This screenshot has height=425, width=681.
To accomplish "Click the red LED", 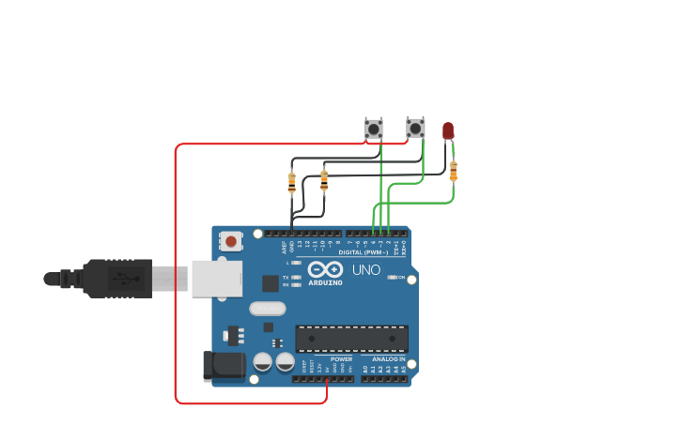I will (448, 129).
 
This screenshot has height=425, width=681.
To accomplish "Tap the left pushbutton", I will (374, 128).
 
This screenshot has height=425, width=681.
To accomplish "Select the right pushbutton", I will (415, 128).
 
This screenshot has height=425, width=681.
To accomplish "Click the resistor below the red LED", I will (453, 171).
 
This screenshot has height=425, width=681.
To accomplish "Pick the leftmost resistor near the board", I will (291, 182).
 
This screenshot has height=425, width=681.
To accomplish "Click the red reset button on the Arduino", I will (230, 241).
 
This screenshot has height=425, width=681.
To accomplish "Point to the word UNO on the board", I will (366, 270).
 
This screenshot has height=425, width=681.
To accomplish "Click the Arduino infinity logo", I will (325, 269).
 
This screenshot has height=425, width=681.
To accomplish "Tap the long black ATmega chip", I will (352, 339).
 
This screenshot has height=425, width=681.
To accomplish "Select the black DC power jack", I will (224, 365).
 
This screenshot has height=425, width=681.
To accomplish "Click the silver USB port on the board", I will (217, 279).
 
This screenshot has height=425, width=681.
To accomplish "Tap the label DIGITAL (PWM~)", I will (364, 252).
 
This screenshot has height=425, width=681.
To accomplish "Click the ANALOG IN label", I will (388, 359).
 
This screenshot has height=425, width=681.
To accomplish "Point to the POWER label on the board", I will (341, 358).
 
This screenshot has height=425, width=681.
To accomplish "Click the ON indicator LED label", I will (401, 278).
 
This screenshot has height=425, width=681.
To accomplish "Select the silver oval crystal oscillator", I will (267, 308).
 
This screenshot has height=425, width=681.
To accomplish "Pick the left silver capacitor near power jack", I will (263, 361).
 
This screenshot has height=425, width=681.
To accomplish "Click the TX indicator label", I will (286, 277).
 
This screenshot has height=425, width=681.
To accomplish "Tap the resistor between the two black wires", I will (324, 178).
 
